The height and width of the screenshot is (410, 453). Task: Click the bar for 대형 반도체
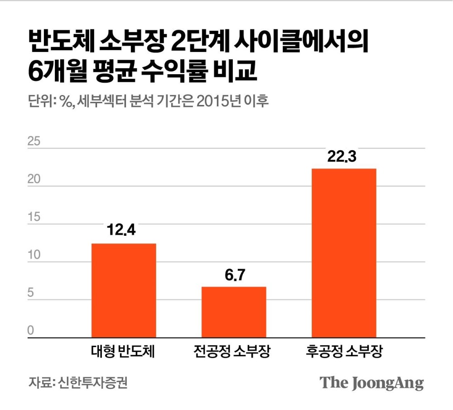point(124,291)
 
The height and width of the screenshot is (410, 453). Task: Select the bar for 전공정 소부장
point(234,312)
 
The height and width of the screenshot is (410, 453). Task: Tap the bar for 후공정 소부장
point(343,253)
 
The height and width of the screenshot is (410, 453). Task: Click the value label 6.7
point(234,275)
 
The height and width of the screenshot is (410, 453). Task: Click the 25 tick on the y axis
point(34,142)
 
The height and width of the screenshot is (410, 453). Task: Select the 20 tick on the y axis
point(34,180)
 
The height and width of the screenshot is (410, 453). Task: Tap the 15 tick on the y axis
point(34,217)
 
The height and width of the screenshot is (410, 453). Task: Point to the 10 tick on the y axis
point(34,255)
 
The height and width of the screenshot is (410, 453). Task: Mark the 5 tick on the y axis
point(31,293)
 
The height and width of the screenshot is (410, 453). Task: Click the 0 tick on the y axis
point(31,331)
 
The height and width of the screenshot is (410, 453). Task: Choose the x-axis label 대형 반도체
point(123,352)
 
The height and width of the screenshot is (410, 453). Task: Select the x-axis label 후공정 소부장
point(343,352)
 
